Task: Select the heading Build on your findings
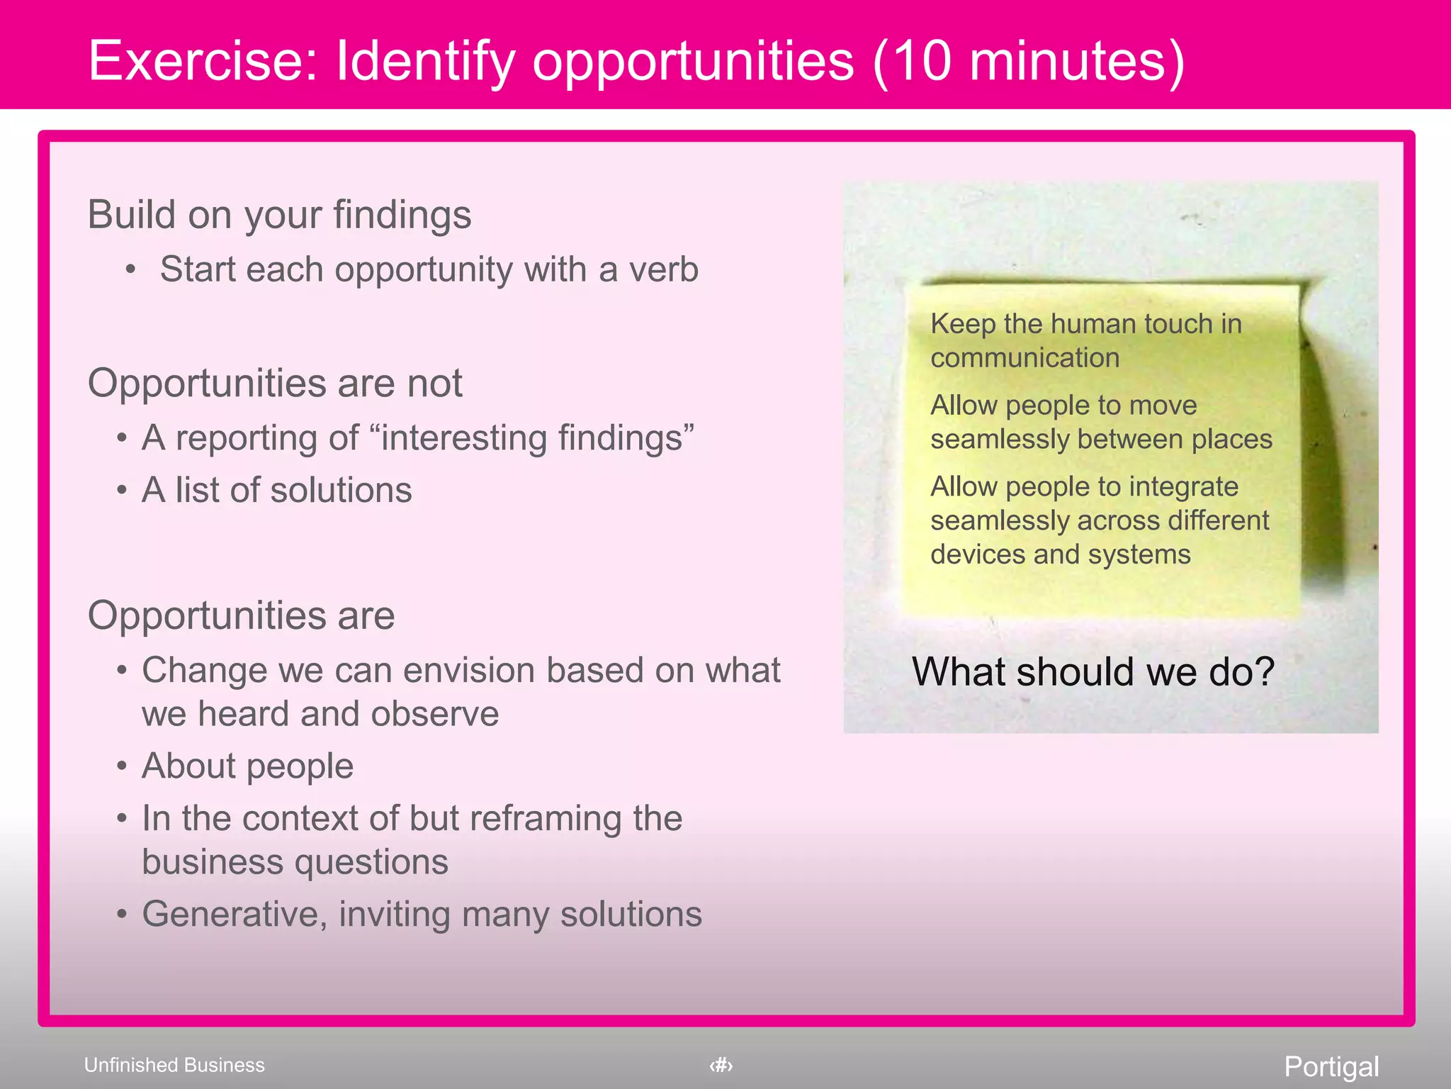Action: (x=279, y=214)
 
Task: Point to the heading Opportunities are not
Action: (x=275, y=383)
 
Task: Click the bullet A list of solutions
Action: (x=276, y=490)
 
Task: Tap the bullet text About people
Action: (x=247, y=766)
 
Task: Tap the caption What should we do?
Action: (x=1093, y=671)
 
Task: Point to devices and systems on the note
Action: (x=1060, y=554)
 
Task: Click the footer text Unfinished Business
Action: (x=174, y=1065)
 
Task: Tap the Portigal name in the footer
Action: (x=1331, y=1066)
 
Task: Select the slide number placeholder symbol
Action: (x=721, y=1065)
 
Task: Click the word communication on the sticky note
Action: (x=1024, y=358)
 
